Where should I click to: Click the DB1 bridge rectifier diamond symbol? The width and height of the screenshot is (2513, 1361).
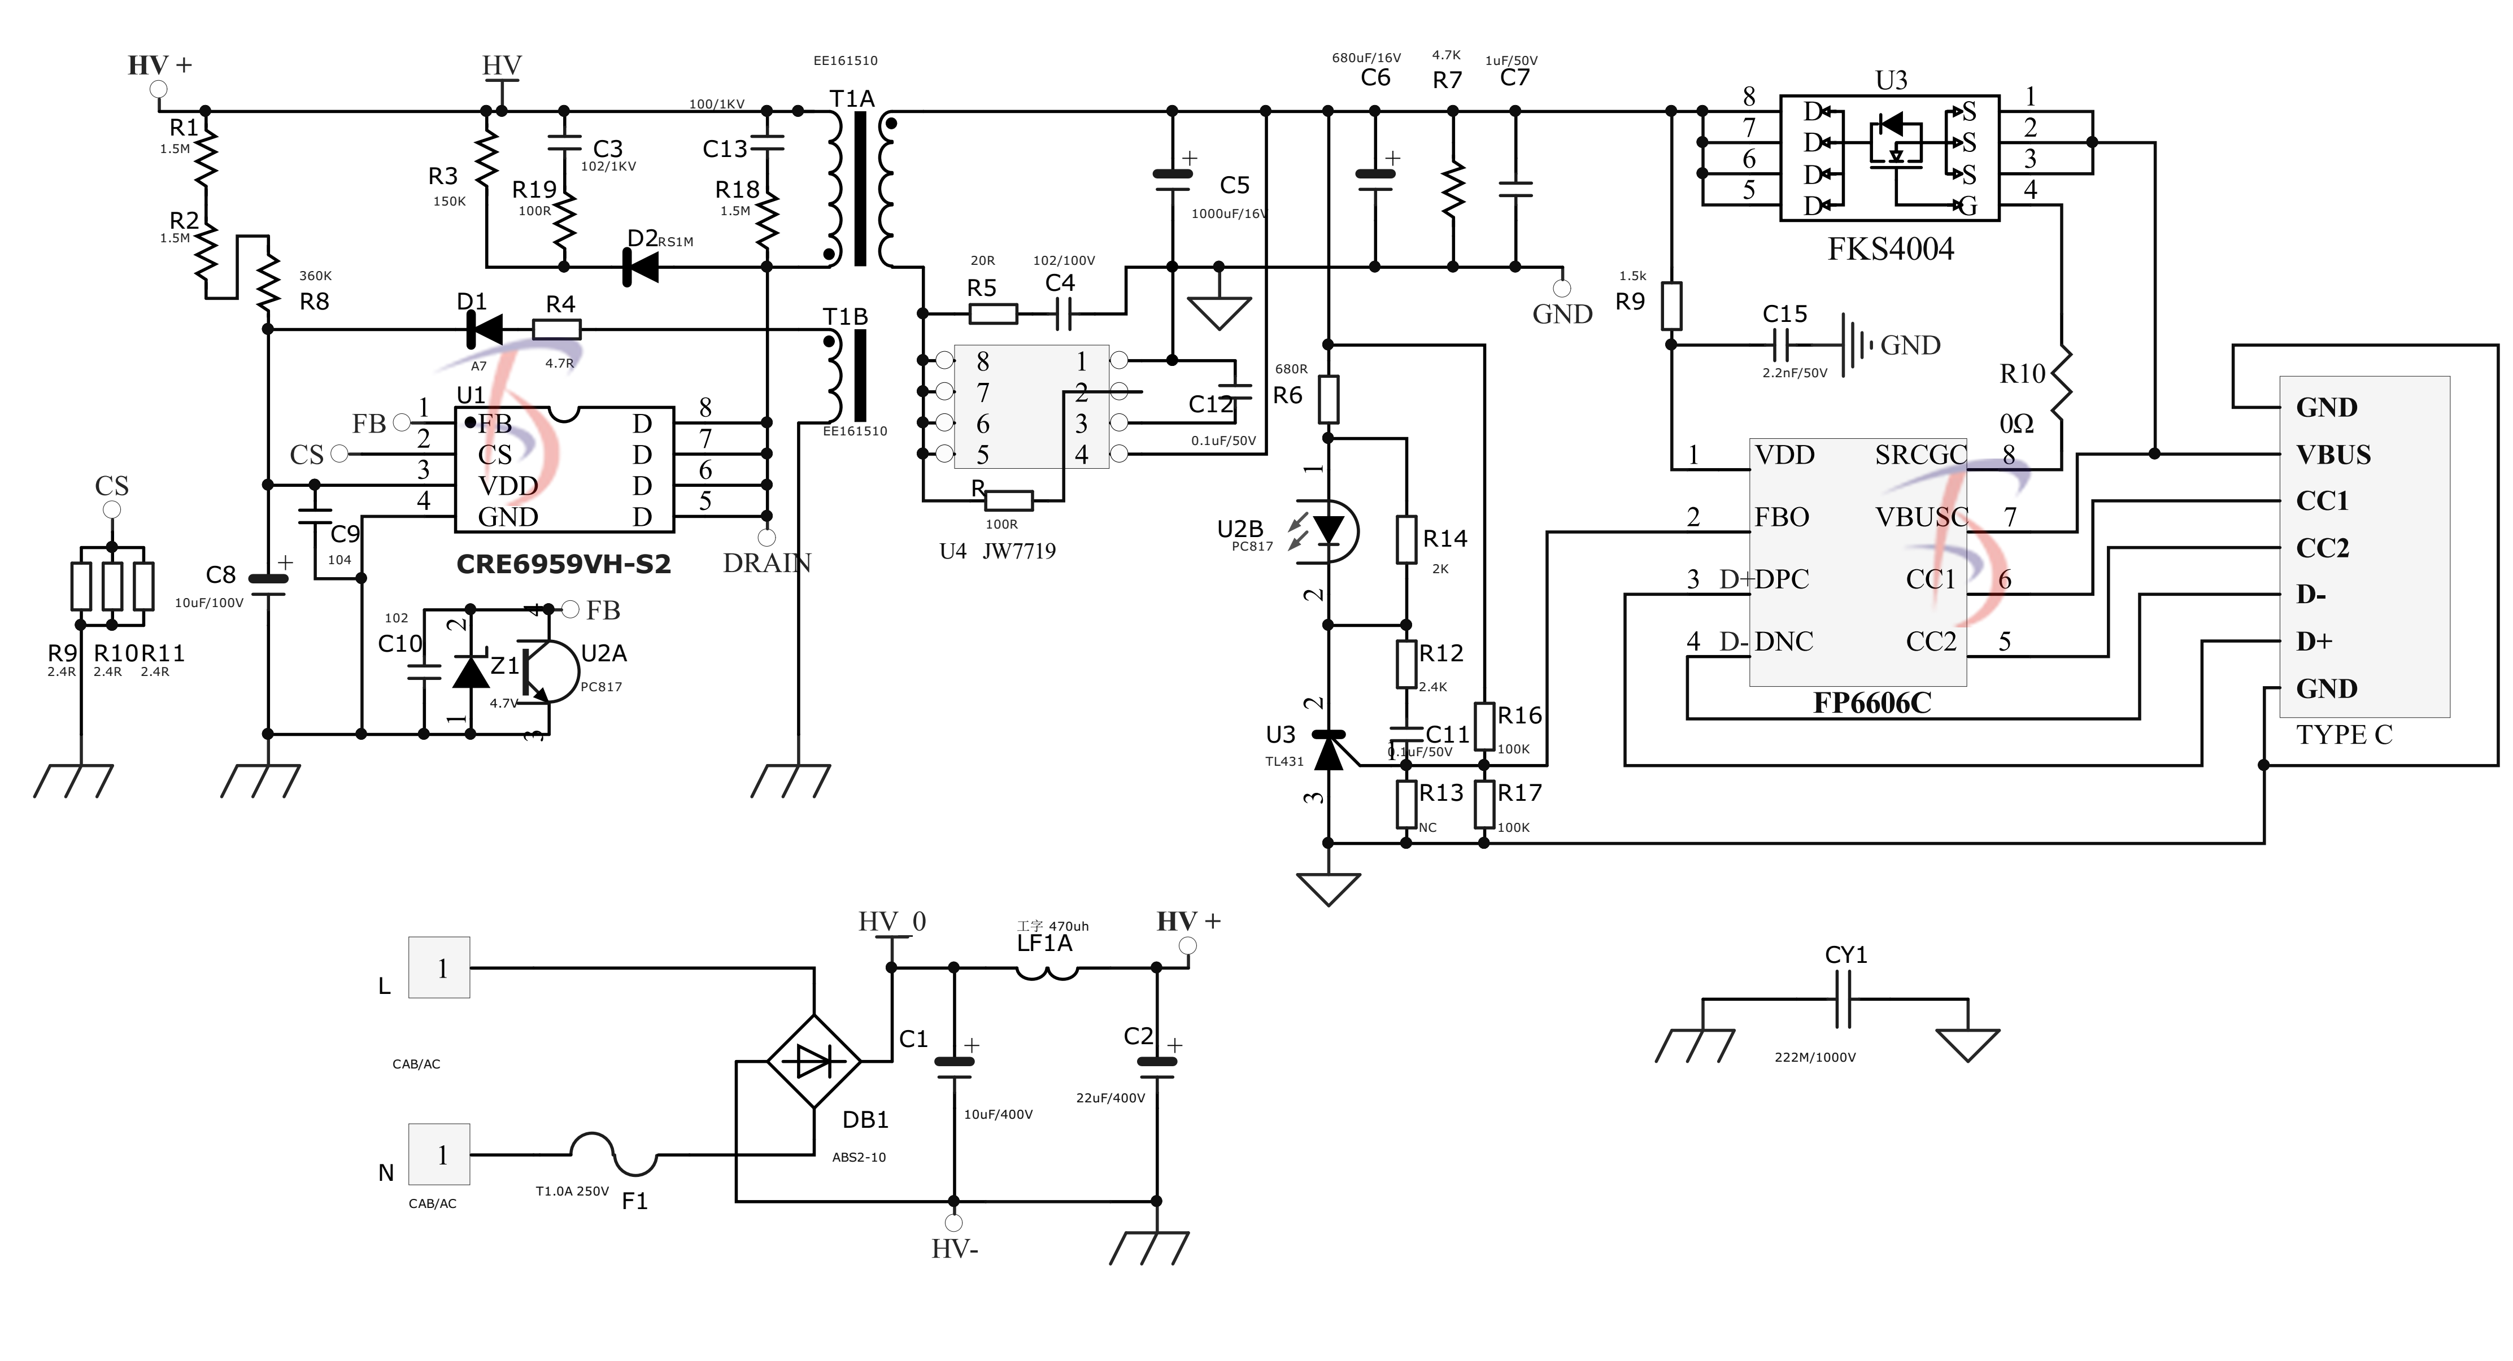pos(813,1061)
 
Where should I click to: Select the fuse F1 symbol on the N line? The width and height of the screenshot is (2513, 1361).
pos(613,1154)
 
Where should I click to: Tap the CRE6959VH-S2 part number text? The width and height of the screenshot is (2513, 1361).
pos(563,565)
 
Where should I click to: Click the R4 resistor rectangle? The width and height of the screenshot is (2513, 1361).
pos(557,330)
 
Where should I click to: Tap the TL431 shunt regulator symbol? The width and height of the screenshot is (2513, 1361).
pos(1329,749)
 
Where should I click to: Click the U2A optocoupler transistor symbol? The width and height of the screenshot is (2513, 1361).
pos(546,671)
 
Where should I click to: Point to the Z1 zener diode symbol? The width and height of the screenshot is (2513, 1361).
pos(471,671)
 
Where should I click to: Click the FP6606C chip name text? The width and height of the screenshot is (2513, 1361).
pos(1871,704)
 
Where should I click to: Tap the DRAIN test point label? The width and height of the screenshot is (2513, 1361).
pos(766,563)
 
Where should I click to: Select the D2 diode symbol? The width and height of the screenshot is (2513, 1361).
pos(641,267)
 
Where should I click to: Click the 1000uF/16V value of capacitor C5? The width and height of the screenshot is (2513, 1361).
pos(1228,213)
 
